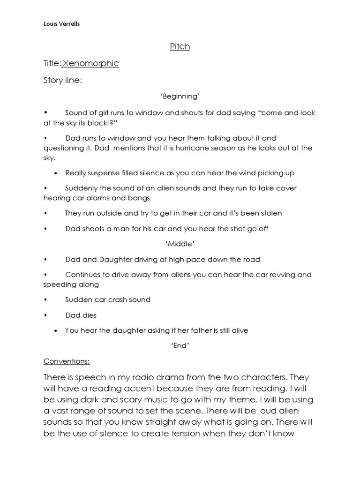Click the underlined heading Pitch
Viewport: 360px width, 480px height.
[x=180, y=46]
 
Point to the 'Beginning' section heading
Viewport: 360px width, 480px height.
[x=180, y=97]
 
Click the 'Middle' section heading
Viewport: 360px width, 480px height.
[x=180, y=244]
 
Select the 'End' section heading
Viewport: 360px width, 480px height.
[x=180, y=345]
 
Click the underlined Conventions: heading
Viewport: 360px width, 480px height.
[x=67, y=361]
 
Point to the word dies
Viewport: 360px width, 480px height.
[x=89, y=315]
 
